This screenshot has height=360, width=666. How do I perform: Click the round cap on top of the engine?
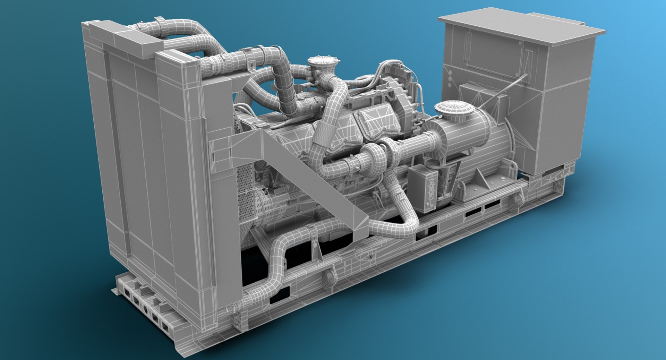point(323,62)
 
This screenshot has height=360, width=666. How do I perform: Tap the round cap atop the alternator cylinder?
point(454,108)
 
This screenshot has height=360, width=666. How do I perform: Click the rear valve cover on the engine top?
point(378,120)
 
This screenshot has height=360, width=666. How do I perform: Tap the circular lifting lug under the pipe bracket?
point(330,276)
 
